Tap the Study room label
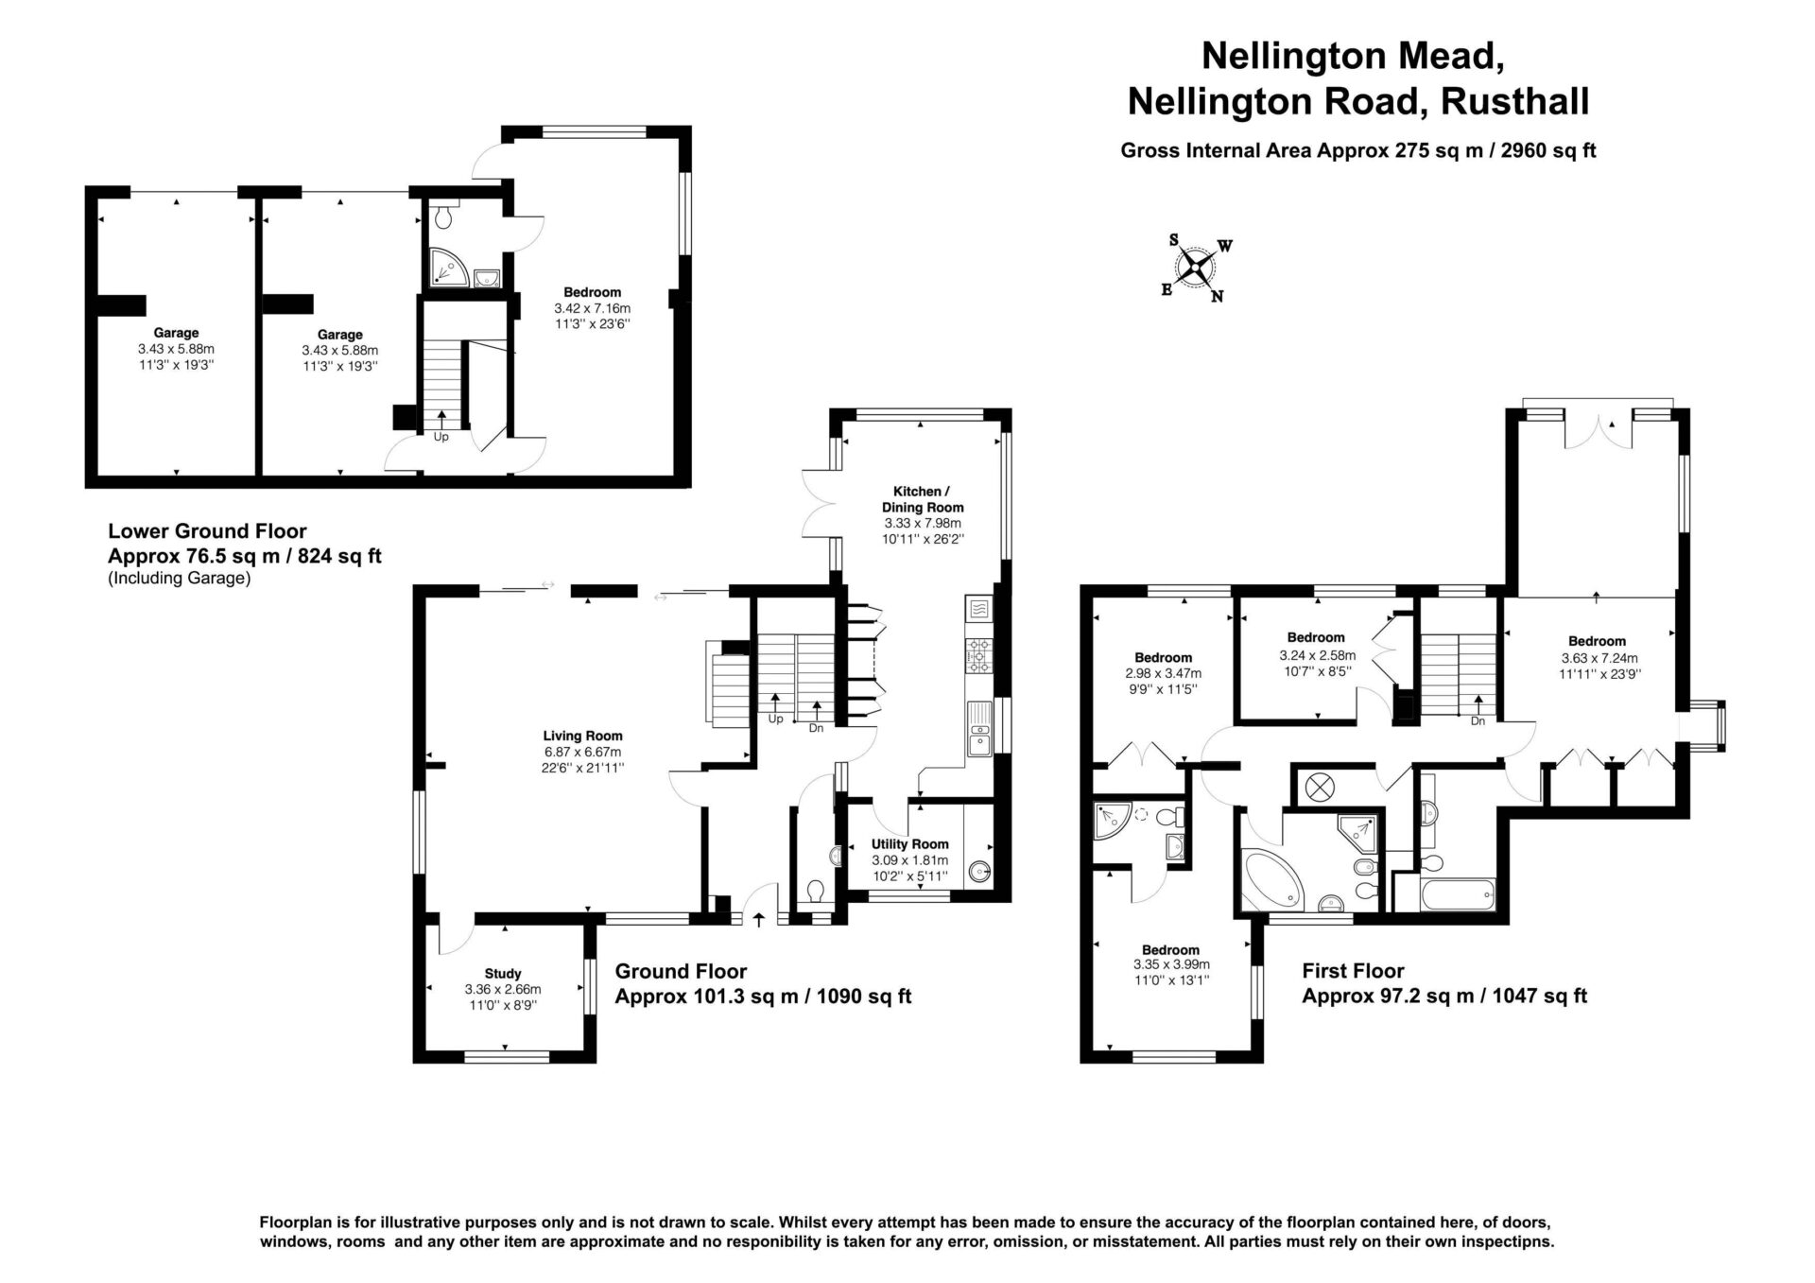pos(503,973)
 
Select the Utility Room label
pos(910,844)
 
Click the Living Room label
pos(582,736)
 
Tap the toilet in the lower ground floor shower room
pos(445,217)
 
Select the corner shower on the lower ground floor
pos(448,267)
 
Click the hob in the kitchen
pos(977,654)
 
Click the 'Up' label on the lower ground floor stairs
pos(441,437)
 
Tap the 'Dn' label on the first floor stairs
pos(1478,721)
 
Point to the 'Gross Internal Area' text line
pos(1358,149)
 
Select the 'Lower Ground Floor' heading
pos(207,531)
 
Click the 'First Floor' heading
pos(1353,970)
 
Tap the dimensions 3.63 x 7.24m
pos(1599,658)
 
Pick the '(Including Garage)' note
pos(180,579)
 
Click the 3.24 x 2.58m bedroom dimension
pos(1317,655)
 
